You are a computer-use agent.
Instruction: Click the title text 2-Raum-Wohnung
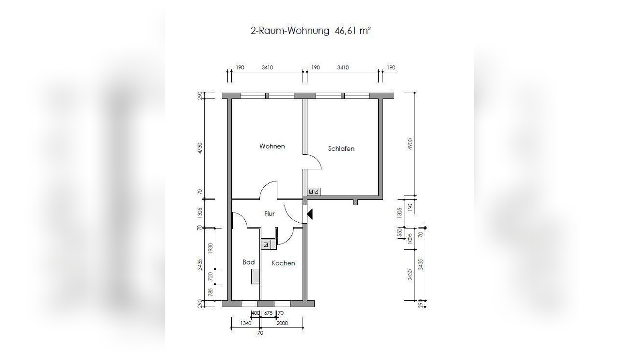click(290, 31)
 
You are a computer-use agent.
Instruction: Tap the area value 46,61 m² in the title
click(352, 31)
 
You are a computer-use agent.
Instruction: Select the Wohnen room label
click(272, 146)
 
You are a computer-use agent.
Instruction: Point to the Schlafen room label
click(341, 148)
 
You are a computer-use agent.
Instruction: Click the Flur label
click(269, 213)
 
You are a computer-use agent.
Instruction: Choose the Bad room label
click(248, 262)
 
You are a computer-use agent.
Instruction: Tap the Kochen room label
click(283, 263)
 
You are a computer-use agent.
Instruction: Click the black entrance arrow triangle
click(310, 213)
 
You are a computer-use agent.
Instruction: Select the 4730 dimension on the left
click(200, 148)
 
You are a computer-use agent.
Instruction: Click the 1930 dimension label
click(210, 248)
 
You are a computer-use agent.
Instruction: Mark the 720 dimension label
click(210, 277)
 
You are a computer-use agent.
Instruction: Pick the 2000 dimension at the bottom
click(282, 323)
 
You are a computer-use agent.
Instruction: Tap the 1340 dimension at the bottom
click(245, 323)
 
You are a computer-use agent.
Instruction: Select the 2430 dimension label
click(410, 275)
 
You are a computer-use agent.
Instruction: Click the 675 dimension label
click(268, 313)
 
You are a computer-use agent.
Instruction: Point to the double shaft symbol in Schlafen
click(314, 192)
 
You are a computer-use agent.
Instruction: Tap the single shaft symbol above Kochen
click(266, 245)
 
